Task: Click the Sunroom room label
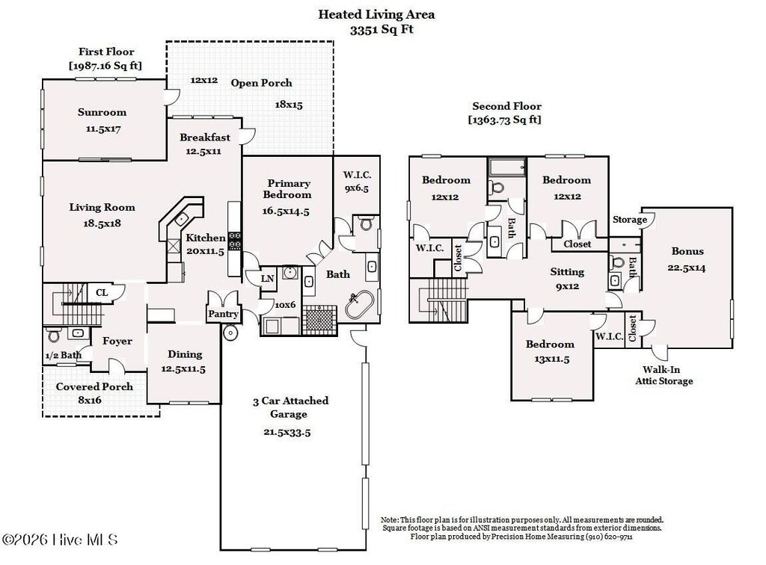(102, 112)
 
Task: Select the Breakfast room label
(204, 138)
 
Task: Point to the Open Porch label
(261, 83)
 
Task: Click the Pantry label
(224, 314)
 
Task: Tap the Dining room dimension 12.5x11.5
(184, 368)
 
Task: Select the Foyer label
(117, 341)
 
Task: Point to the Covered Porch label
(94, 386)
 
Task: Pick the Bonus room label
(687, 251)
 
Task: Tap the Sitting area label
(567, 271)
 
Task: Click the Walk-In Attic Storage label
(664, 375)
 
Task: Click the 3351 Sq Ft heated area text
(382, 30)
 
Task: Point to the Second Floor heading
(506, 106)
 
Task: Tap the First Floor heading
(106, 52)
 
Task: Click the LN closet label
(267, 279)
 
